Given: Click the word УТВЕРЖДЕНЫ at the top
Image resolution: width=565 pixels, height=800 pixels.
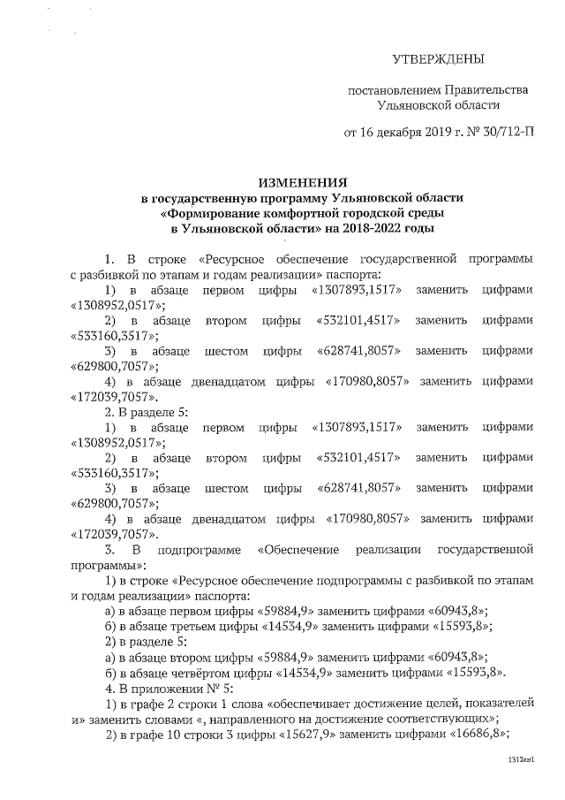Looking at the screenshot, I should pos(438,60).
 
